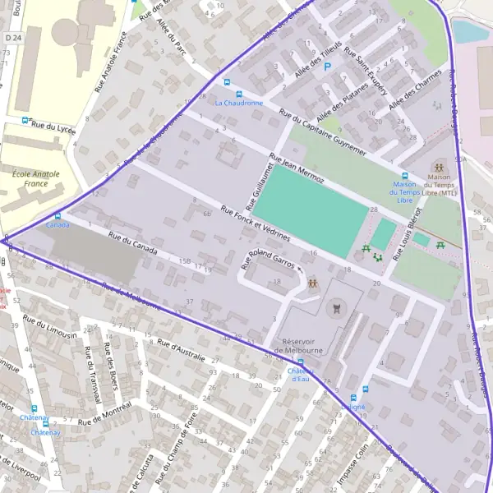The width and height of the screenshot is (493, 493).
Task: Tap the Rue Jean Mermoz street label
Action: point(297,168)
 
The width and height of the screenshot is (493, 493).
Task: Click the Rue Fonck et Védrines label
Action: point(255,223)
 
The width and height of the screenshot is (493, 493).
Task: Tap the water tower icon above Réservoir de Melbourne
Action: point(335,309)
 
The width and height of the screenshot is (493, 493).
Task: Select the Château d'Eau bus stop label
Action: point(302,375)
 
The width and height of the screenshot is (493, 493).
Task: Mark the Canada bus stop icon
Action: point(58,215)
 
